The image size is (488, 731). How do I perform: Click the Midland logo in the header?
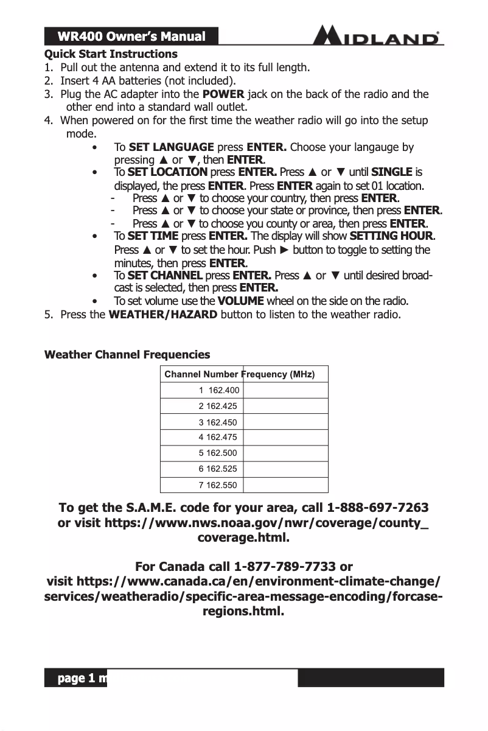(378, 36)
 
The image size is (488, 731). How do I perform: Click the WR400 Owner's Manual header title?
(131, 37)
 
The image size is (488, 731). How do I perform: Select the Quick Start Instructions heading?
(111, 54)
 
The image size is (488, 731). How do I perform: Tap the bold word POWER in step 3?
(223, 94)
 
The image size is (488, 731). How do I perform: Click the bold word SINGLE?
(391, 172)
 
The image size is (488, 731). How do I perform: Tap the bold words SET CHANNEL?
(166, 275)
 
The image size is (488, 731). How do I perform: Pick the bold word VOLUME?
(240, 301)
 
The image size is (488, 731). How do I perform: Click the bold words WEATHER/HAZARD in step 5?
(162, 315)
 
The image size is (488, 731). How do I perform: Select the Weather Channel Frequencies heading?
(127, 355)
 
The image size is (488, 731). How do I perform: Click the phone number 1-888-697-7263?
(377, 508)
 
